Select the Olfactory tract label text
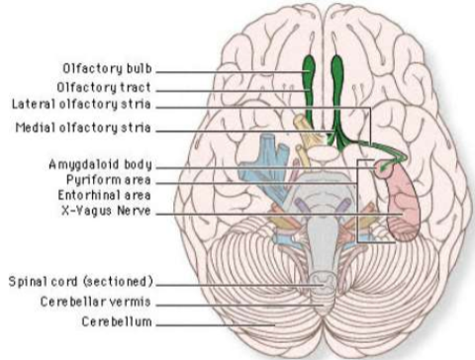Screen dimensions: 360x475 click(111, 87)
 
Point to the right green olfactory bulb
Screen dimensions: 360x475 click(336, 71)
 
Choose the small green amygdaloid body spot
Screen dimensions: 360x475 click(385, 170)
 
